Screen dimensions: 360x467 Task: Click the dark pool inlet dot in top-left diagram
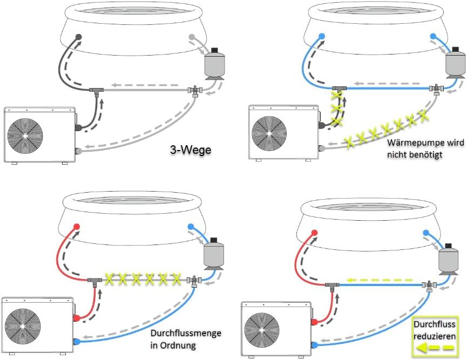pos(79,37)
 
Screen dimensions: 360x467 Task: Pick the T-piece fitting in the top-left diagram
pos(98,88)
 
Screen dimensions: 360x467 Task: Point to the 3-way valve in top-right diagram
pos(434,87)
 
